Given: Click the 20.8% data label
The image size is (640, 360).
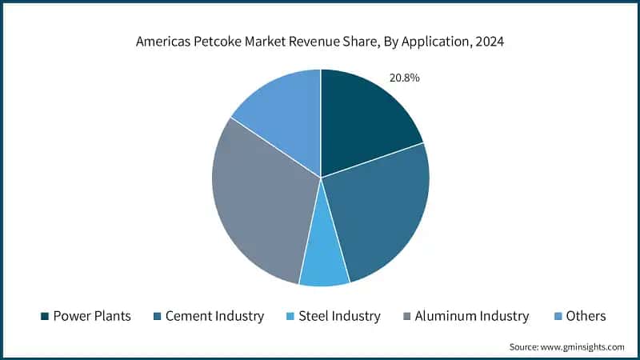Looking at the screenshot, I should click(404, 78).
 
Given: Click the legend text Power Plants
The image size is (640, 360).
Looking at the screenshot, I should click(92, 316).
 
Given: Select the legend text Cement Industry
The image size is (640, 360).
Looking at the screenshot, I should click(214, 316).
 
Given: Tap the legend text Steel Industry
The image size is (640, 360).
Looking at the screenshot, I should click(339, 316).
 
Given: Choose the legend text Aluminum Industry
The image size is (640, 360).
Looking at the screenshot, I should click(470, 316).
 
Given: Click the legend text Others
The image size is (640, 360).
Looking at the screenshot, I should click(586, 316).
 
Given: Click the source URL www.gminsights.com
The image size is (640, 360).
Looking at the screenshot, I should click(582, 346).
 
